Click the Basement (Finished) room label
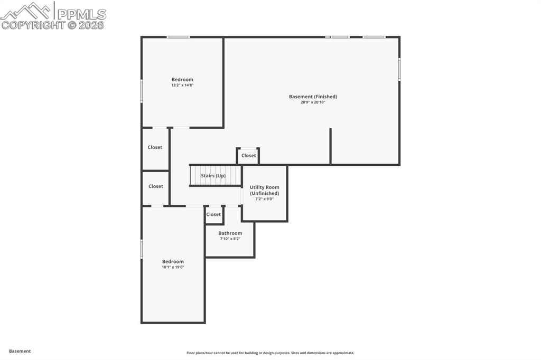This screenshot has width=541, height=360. [x=313, y=97]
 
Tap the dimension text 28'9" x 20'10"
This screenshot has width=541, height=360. [x=313, y=102]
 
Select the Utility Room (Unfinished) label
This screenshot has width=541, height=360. [x=265, y=190]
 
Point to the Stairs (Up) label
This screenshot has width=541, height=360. [x=213, y=175]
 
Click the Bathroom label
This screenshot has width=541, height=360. [x=230, y=233]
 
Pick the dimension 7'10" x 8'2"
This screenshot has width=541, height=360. [x=230, y=239]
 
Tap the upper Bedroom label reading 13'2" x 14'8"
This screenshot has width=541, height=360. [x=182, y=80]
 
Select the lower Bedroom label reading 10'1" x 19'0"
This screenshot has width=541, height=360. [x=173, y=261]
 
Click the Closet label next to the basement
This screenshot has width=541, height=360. [x=249, y=156]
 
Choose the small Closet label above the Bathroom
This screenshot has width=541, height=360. [x=213, y=214]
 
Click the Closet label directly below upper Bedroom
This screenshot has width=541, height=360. [x=155, y=147]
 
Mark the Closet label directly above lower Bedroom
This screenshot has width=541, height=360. [x=156, y=186]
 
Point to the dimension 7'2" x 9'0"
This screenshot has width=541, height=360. [x=265, y=199]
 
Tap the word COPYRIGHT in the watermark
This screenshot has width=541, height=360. [x=33, y=25]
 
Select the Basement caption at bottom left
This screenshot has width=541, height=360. [x=20, y=351]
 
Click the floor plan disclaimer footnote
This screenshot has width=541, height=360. [x=270, y=353]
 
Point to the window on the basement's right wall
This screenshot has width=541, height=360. [x=399, y=69]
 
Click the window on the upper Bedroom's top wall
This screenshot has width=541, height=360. [x=179, y=37]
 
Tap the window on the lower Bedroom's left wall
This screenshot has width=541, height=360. [x=142, y=249]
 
